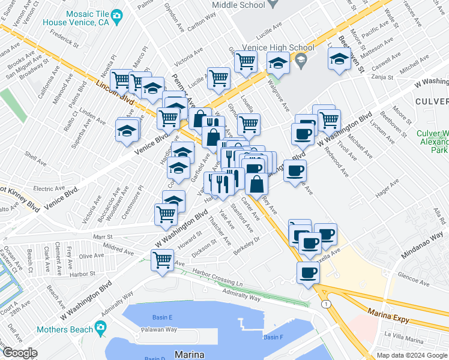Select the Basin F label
coord(273,337)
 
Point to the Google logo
coord(19,353)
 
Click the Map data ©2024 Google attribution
coord(412,355)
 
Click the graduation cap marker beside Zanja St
coord(339,59)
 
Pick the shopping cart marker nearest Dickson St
coord(162,261)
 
